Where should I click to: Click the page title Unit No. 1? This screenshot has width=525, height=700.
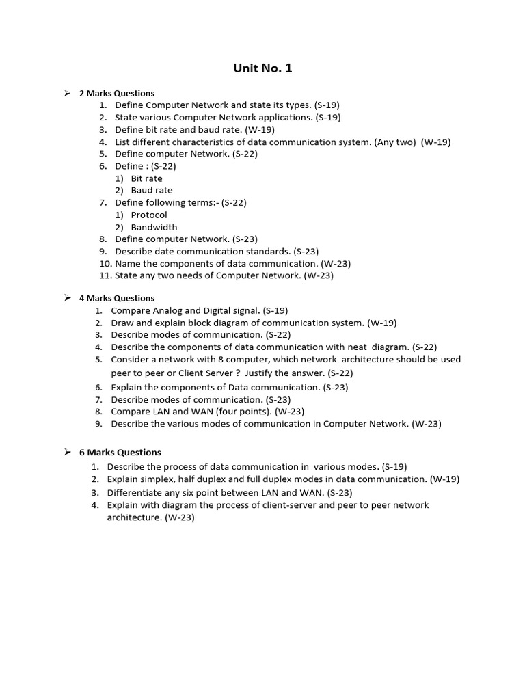(263, 68)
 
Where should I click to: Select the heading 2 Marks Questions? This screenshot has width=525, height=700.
(117, 93)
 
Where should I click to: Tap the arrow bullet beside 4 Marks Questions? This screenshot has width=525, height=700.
(68, 297)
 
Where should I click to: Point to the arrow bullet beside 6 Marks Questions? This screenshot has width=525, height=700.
(68, 452)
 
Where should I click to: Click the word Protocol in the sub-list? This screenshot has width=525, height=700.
(149, 215)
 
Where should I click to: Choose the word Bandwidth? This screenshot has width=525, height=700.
(154, 227)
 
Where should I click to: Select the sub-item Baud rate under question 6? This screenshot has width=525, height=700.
(152, 190)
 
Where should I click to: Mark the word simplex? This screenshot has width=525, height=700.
(162, 479)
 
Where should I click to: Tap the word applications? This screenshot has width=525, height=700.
(280, 117)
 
